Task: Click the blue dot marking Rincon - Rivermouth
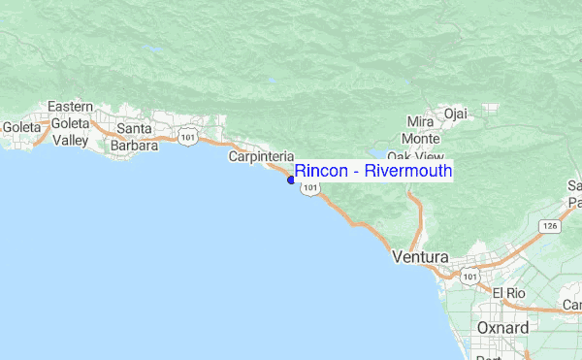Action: (291, 180)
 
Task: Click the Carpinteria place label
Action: (261, 156)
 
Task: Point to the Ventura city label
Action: (420, 258)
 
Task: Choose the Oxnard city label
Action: (502, 328)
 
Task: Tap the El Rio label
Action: (508, 293)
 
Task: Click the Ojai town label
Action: (455, 114)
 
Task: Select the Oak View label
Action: (415, 156)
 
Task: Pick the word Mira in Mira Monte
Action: (421, 122)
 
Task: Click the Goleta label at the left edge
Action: (21, 127)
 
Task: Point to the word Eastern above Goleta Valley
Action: (70, 107)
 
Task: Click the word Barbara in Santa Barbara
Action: (135, 146)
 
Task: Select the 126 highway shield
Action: (551, 226)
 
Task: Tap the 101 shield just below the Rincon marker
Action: (309, 189)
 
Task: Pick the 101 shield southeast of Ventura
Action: (470, 277)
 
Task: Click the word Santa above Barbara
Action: (135, 129)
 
